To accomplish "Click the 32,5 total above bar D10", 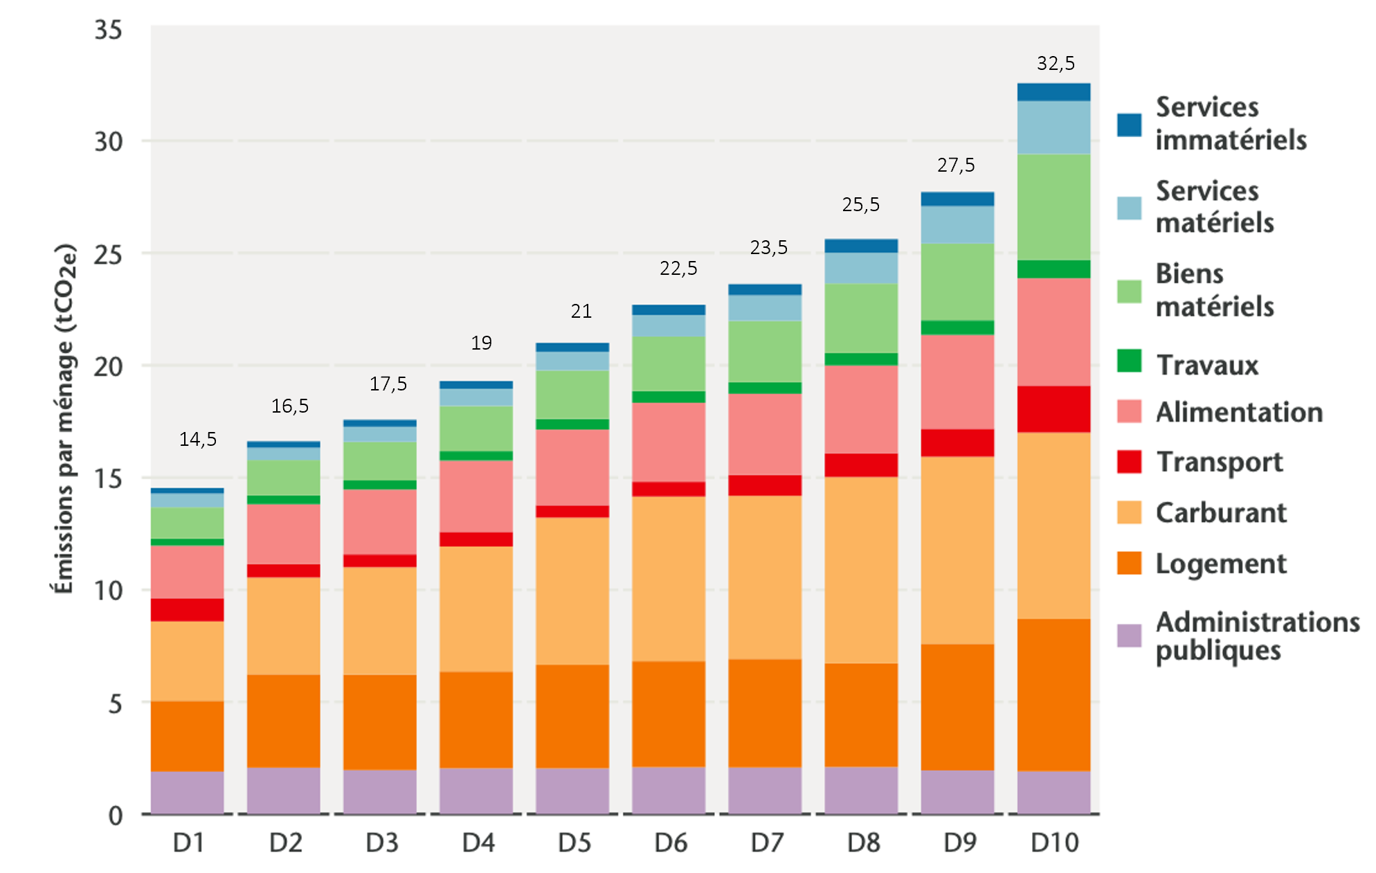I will click(1056, 64).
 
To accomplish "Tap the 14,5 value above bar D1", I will click(198, 440).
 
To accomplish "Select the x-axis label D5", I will click(574, 843).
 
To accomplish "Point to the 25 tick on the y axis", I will click(108, 254).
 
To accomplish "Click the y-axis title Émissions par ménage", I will click(64, 419).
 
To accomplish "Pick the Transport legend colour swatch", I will click(1129, 462).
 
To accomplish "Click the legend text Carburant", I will click(1221, 513).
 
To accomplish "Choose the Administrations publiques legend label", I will click(1257, 636).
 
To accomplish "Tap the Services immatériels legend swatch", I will click(1129, 125).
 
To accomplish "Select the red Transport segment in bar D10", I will click(1053, 409).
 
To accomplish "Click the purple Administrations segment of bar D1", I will click(188, 792).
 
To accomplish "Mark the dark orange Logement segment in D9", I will click(957, 707).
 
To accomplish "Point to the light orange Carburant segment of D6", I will click(669, 579).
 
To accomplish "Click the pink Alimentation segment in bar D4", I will click(476, 496).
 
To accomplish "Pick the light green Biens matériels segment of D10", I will click(1053, 207).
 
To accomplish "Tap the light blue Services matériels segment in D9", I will click(957, 224).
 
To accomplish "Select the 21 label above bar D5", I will click(581, 312).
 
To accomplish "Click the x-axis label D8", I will click(863, 843).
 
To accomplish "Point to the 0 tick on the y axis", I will click(116, 816).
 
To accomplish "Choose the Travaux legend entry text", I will click(1207, 366).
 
